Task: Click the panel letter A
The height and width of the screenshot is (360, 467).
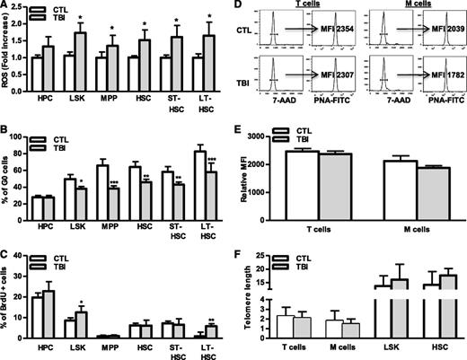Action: tap(6, 7)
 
